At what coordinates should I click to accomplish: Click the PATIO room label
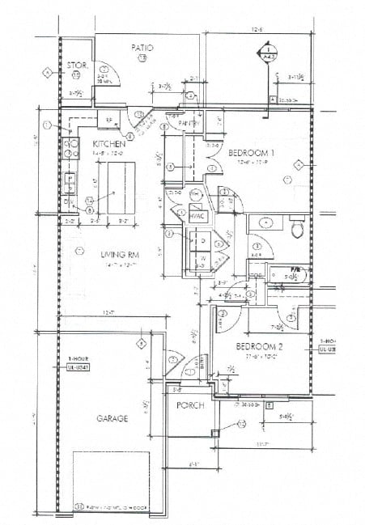pos(142,48)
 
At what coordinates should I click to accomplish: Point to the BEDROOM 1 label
pos(250,152)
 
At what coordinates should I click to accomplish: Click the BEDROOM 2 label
pos(258,346)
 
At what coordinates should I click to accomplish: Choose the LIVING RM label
pos(118,255)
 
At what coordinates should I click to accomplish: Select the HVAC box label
pos(198,216)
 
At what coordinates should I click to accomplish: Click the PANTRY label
pos(189,123)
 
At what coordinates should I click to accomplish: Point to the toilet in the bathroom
pos(296,230)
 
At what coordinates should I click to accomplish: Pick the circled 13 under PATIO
pos(142,58)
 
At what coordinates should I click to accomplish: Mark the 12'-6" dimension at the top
pos(257,29)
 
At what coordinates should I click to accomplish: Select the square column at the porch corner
pos(215,434)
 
